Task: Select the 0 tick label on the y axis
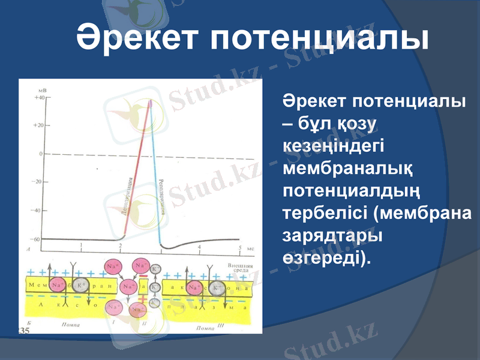[x=41, y=154]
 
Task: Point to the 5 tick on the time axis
[x=240, y=247]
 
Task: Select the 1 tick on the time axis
[x=82, y=246]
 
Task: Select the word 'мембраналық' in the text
[x=347, y=170]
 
